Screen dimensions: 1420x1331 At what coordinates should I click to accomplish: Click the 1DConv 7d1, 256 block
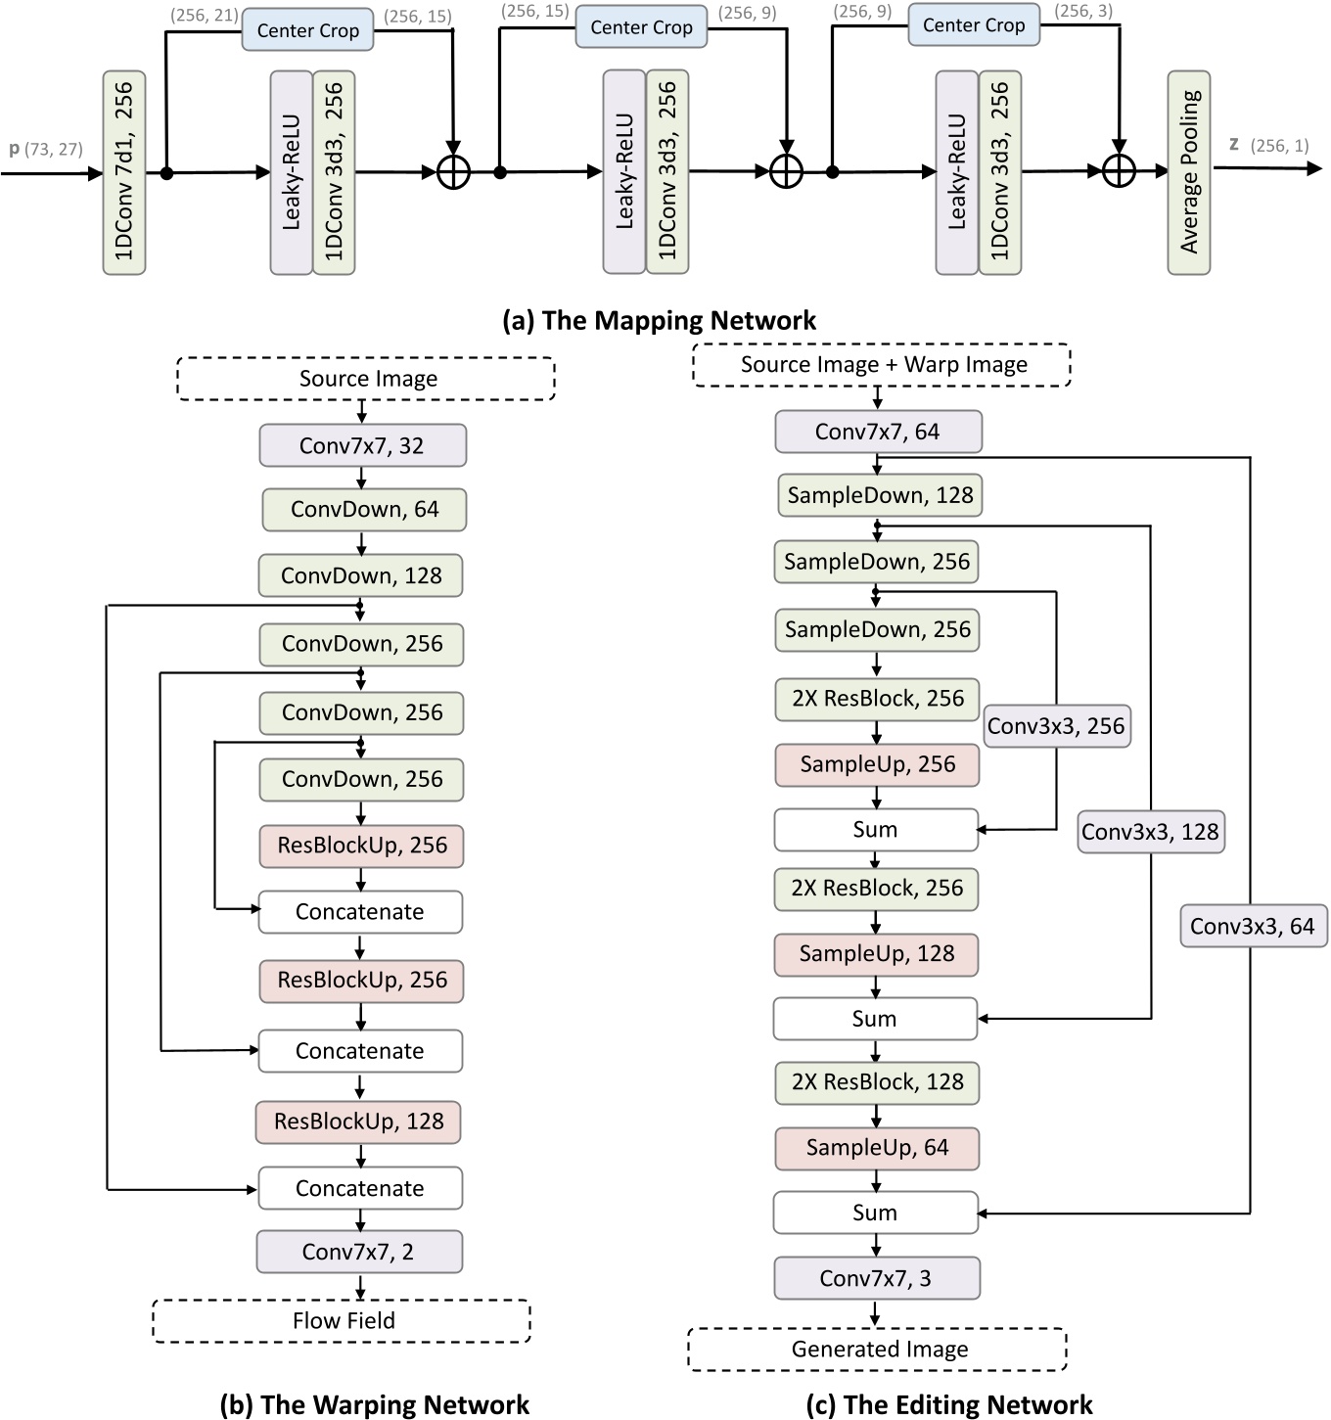click(x=124, y=172)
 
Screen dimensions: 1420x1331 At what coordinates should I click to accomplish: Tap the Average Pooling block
click(x=1188, y=172)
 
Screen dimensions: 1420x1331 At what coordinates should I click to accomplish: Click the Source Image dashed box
click(x=366, y=379)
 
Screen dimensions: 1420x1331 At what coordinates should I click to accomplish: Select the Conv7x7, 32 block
click(x=362, y=446)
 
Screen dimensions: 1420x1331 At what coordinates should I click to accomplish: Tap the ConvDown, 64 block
click(x=363, y=510)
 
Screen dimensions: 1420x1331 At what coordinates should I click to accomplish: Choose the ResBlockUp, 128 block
click(x=358, y=1122)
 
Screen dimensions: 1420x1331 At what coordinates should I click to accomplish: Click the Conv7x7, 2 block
click(x=358, y=1252)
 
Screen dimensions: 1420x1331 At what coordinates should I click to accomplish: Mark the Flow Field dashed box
click(x=342, y=1320)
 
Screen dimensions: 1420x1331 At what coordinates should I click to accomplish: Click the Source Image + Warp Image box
click(x=882, y=365)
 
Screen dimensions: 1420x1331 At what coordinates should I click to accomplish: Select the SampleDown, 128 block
click(x=879, y=495)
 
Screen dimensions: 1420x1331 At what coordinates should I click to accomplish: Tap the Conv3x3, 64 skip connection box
click(x=1253, y=927)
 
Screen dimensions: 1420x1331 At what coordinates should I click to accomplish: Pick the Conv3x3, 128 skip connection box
click(x=1150, y=832)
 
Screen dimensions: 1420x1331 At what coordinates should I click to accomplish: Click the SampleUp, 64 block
click(x=877, y=1148)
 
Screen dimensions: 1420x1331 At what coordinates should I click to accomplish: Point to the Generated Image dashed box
click(x=878, y=1350)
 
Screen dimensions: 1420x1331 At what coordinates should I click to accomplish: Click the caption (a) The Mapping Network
click(x=659, y=320)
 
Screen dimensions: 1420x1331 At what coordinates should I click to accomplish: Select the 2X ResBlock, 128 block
click(x=877, y=1082)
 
